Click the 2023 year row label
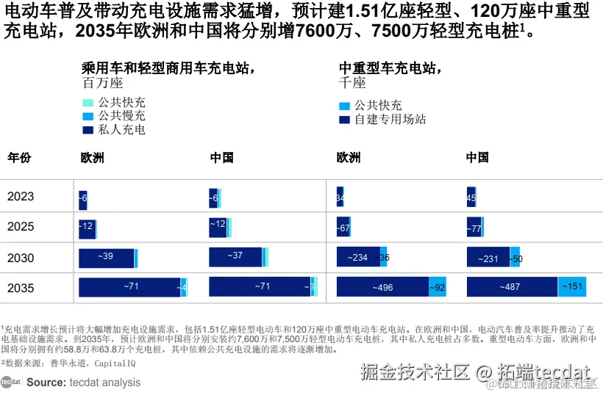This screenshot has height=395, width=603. (x=21, y=197)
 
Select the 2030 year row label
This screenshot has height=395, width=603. (x=21, y=257)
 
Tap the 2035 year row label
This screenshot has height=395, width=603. (x=21, y=288)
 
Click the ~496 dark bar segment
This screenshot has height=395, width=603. (x=382, y=287)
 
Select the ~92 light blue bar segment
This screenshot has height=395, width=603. (x=438, y=287)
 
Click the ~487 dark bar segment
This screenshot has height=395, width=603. (x=512, y=287)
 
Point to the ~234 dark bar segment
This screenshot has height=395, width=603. (x=358, y=257)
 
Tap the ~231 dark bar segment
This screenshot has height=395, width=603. (x=488, y=258)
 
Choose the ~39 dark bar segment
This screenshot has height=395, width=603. (x=107, y=257)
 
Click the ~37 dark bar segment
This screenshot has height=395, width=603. (x=235, y=256)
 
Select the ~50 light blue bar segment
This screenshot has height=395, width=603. (x=515, y=258)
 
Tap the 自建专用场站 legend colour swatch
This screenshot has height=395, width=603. (x=344, y=119)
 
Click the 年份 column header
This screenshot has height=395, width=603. (x=19, y=158)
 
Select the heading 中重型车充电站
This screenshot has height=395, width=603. (x=390, y=68)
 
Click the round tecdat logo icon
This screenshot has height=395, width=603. (x=10, y=382)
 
